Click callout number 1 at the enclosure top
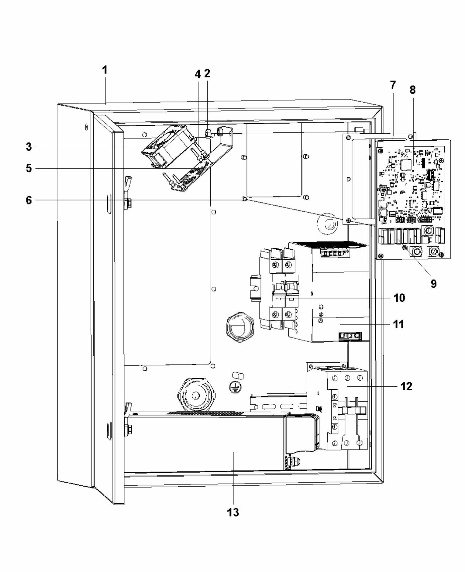pos(105,70)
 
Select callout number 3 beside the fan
pos(29,147)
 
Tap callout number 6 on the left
pos(29,200)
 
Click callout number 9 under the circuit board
pos(433,283)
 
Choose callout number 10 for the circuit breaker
pos(399,298)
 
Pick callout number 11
pos(398,324)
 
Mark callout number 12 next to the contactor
pos(406,386)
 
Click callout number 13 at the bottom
pos(233,512)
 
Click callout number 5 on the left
pos(29,168)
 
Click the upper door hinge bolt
pos(128,203)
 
